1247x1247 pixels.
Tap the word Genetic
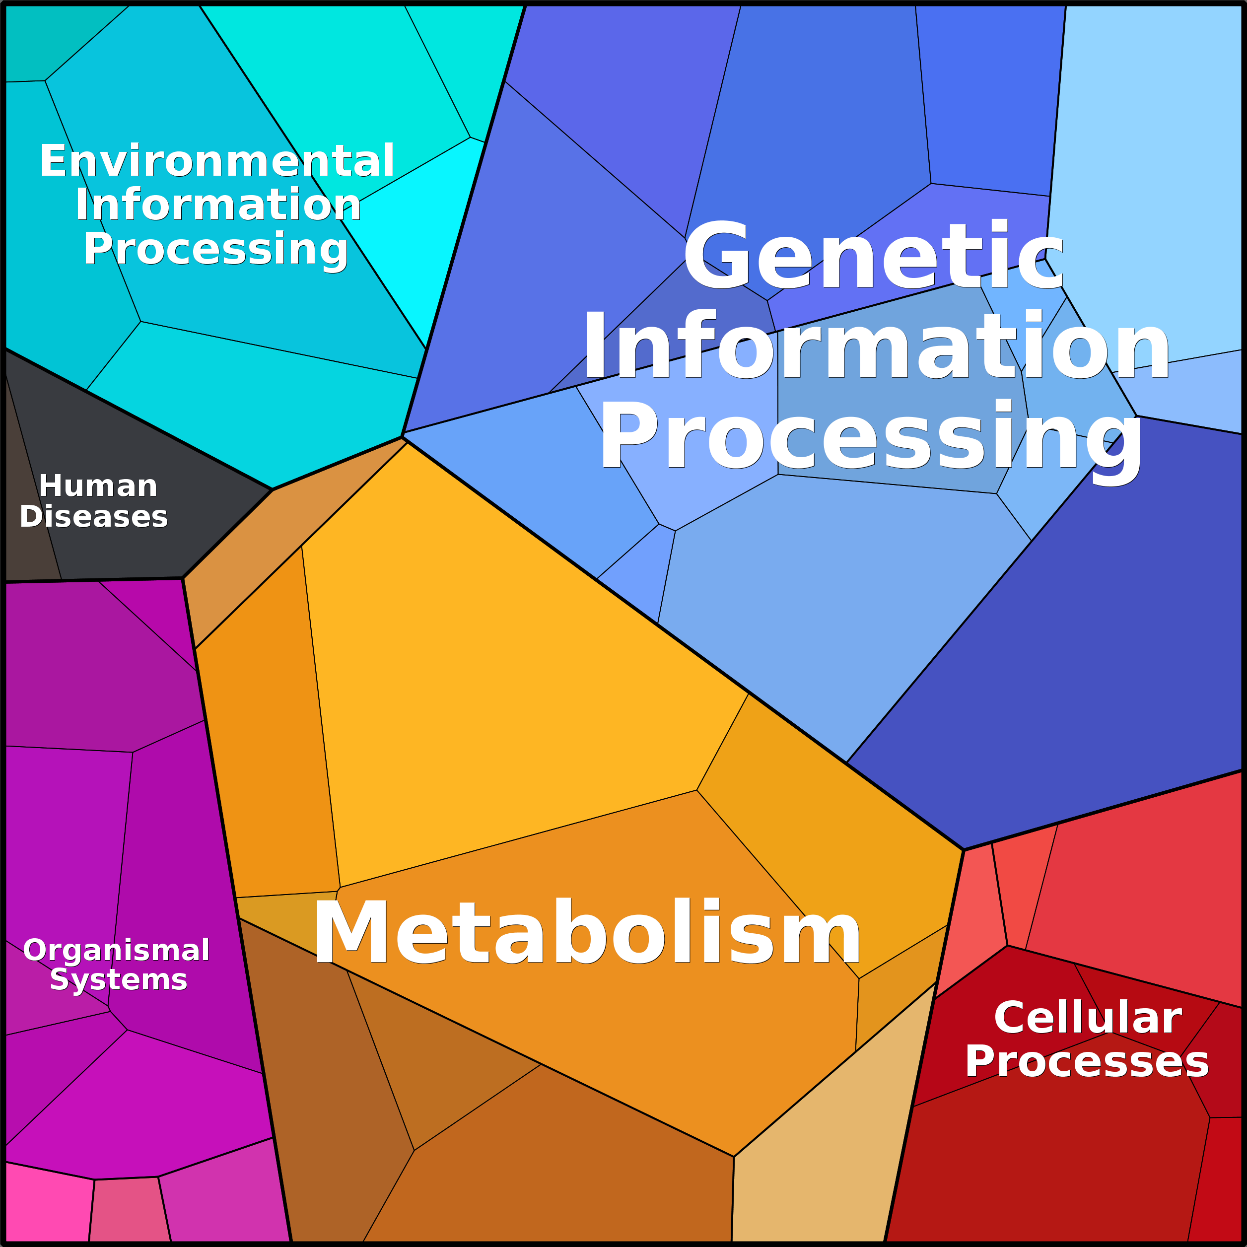click(x=873, y=255)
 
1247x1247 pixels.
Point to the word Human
click(x=98, y=486)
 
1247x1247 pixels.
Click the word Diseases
click(x=94, y=516)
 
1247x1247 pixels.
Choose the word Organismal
click(x=116, y=950)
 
